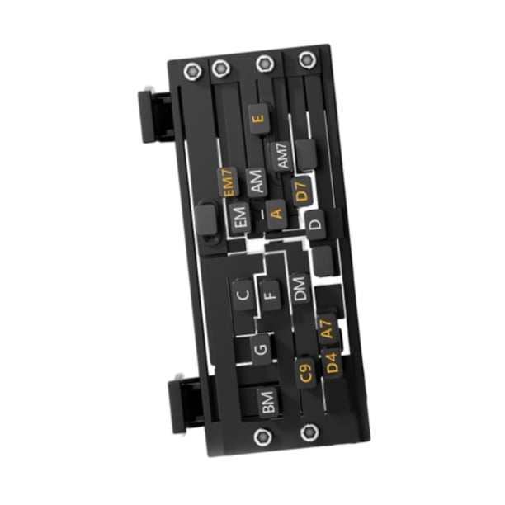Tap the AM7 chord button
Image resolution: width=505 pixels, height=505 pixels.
tap(282, 156)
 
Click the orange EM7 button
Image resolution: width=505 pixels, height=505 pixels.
tap(228, 182)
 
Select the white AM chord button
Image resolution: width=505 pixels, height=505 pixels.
tap(257, 182)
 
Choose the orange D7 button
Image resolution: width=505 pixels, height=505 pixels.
tap(301, 191)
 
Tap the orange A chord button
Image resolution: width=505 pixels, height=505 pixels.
tap(276, 214)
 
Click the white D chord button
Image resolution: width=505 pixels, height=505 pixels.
tap(315, 224)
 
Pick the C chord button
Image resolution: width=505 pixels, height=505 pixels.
tap(243, 295)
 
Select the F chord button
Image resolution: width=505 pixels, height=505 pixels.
tap(270, 295)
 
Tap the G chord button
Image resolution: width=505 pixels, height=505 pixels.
tap(261, 349)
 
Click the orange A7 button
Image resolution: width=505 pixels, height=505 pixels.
tap(327, 329)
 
